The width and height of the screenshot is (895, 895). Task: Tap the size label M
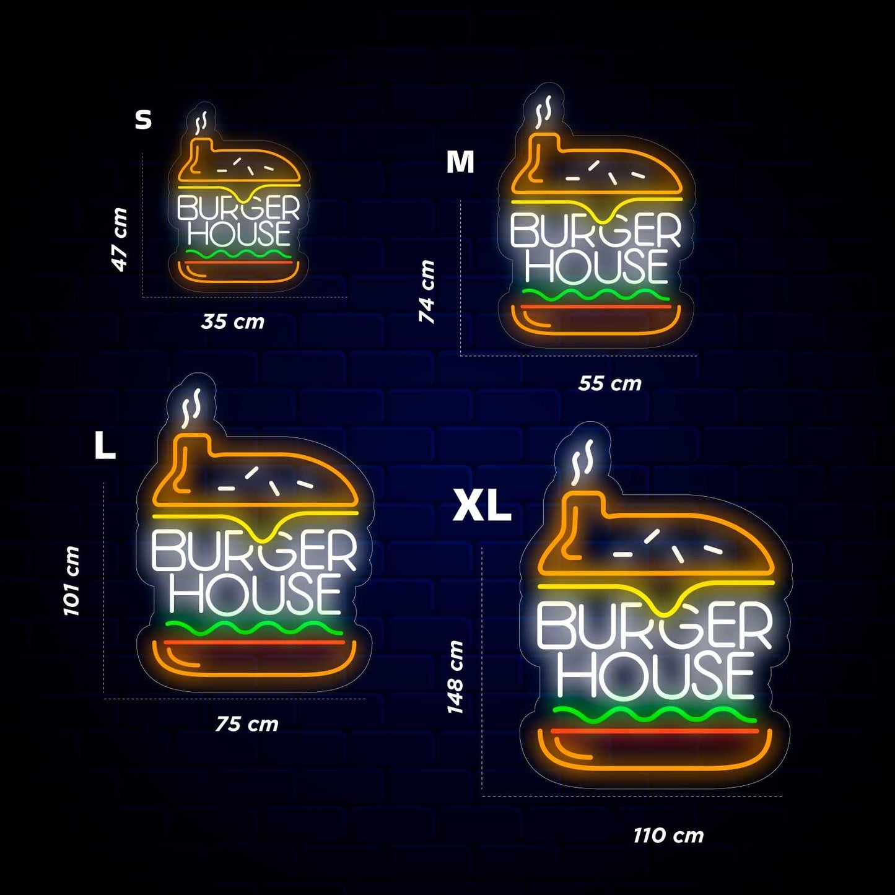(x=460, y=162)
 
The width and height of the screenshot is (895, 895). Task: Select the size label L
(x=105, y=446)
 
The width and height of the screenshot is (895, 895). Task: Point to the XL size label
(x=482, y=506)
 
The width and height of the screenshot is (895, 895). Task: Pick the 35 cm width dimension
(x=233, y=321)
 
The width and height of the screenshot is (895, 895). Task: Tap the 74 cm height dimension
(x=427, y=291)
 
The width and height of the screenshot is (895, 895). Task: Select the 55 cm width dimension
(x=609, y=383)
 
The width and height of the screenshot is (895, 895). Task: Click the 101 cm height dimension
(x=72, y=581)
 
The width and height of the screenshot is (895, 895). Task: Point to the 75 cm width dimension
(x=247, y=723)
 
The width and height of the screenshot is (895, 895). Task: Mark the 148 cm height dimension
(x=455, y=677)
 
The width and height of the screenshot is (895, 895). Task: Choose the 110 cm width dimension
(x=668, y=836)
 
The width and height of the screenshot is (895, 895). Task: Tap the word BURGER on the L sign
(x=255, y=551)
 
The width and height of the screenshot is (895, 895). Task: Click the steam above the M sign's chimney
(x=544, y=110)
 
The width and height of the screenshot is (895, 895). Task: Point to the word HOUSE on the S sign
(x=239, y=234)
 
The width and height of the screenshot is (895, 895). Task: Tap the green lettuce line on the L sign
(x=254, y=628)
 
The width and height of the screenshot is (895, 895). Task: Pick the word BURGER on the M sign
(x=595, y=231)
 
